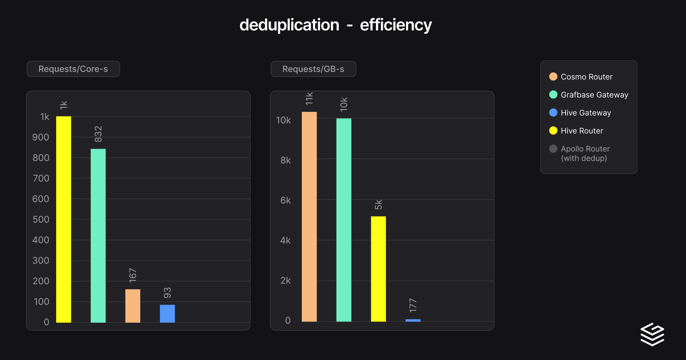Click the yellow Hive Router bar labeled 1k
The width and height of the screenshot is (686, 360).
63,219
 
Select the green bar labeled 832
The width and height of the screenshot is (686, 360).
98,235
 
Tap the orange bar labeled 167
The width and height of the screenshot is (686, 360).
132,306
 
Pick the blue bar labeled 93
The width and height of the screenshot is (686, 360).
167,313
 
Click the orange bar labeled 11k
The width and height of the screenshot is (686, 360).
309,216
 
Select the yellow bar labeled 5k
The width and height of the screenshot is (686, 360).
378,269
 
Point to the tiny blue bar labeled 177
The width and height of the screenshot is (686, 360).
413,320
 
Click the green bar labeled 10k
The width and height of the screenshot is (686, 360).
343,219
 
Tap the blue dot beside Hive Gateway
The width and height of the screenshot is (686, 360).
553,113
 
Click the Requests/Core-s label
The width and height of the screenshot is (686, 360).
73,69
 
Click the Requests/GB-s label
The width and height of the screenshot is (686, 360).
313,69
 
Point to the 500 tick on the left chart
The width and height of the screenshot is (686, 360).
41,219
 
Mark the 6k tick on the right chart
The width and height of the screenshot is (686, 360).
286,200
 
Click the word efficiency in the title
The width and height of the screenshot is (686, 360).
395,25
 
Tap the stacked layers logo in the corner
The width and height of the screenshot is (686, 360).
652,334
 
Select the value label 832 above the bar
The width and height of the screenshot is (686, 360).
98,134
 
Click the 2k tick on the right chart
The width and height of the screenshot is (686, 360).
286,280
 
